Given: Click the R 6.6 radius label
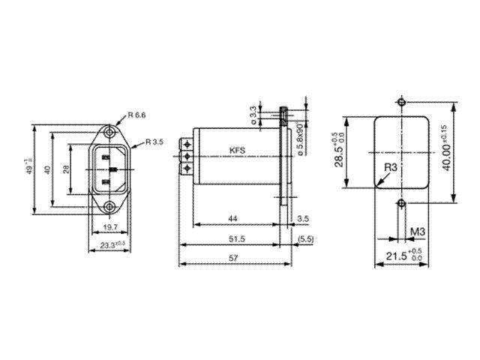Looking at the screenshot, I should click(138, 115).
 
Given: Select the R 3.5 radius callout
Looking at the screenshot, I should click(154, 142).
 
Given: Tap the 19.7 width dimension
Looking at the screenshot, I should click(109, 226).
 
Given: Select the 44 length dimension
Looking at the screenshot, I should click(232, 218).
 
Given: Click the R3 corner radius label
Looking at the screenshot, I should click(389, 166).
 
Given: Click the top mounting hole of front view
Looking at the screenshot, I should click(110, 132).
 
